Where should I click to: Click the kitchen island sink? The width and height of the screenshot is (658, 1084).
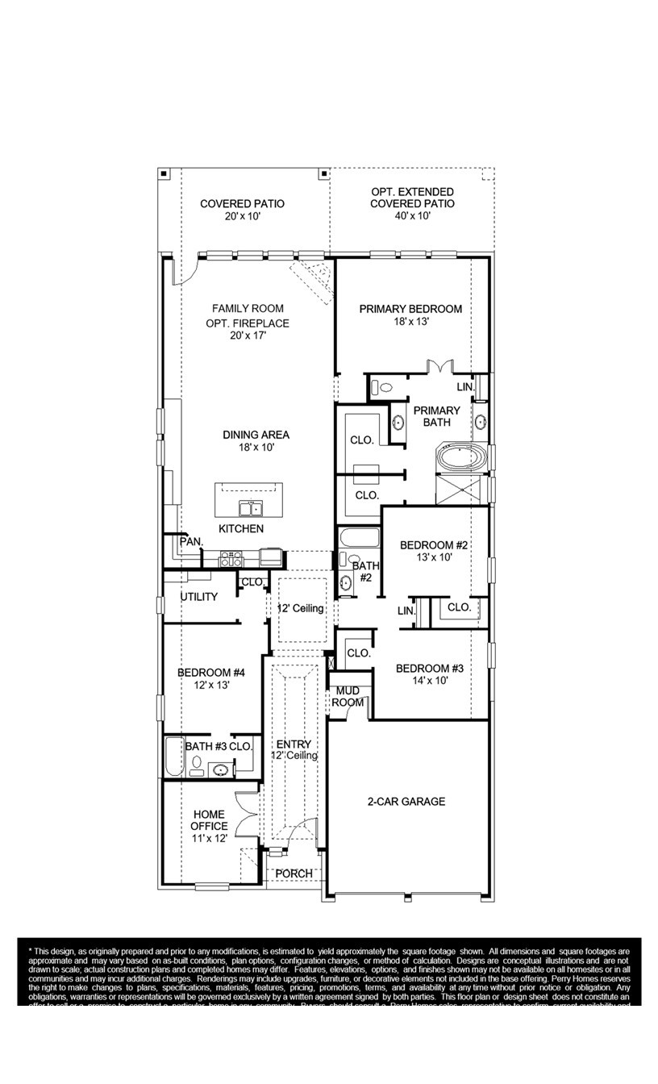click(x=250, y=508)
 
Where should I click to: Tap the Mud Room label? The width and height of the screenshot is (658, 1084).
click(x=348, y=697)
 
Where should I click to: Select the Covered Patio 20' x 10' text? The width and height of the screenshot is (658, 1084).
click(x=242, y=211)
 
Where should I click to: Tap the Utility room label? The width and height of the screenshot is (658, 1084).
click(x=198, y=597)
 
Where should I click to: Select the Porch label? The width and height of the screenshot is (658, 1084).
click(x=294, y=874)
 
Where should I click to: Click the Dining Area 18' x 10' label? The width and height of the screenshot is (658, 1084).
click(x=256, y=441)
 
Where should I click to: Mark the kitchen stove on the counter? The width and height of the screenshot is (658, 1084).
click(x=231, y=557)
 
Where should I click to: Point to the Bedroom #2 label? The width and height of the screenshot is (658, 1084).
click(x=434, y=551)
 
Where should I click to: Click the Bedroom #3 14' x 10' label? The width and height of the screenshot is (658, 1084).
click(x=429, y=674)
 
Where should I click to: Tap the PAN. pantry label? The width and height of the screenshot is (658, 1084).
click(x=191, y=541)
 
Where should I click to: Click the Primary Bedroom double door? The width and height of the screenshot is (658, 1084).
click(x=439, y=367)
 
